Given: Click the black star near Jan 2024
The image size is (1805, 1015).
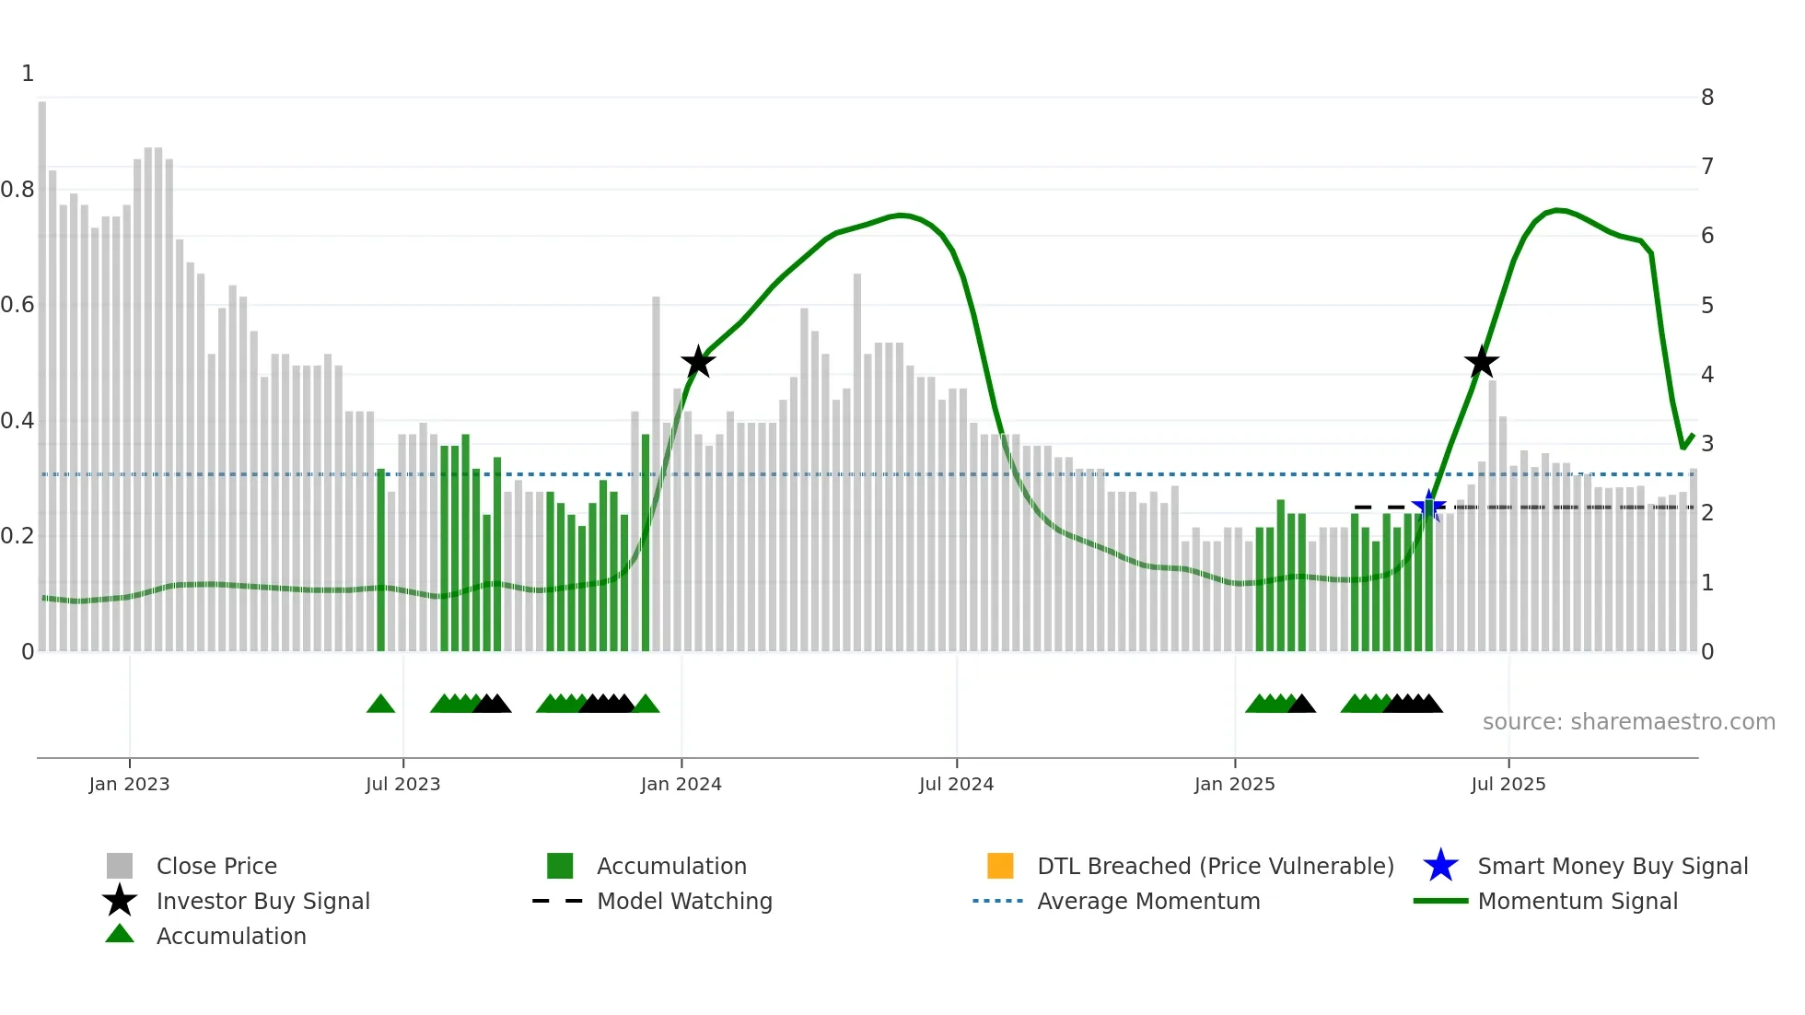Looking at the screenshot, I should pos(698,362).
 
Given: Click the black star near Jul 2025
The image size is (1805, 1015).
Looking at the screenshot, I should pos(1482,362).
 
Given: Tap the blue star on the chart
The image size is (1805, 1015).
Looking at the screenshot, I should pos(1428,506).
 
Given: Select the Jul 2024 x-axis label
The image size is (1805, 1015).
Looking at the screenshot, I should pos(956,784).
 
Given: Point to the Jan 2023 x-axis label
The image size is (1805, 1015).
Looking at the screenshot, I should pos(129,784).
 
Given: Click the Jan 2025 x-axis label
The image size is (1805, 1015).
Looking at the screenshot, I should pos(1234,784).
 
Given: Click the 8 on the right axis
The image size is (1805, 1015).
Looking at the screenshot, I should pos(1707,98).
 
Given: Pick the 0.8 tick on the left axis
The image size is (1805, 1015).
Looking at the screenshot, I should pos(18,190).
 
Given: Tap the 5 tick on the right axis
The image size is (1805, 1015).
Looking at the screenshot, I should pos(1707,305).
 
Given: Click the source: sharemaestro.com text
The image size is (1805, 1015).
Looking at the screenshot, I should pos(1628,721).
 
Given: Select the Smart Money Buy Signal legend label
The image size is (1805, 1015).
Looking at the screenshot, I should pos(1613,866).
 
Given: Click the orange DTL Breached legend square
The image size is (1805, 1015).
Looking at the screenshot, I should pos(1000,866).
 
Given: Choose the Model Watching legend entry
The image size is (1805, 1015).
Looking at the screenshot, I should pos(684,901).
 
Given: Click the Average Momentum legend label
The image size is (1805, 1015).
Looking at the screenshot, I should pos(1148,901).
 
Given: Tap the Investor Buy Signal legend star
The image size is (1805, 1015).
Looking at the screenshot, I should pos(120,901).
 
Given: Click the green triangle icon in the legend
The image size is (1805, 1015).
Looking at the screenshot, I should pos(120,934).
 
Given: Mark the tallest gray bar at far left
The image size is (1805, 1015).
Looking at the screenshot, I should pos(42,368).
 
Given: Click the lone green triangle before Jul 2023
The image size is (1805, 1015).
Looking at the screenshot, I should pos(380,705).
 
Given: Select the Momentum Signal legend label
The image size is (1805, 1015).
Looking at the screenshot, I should pos(1578,901).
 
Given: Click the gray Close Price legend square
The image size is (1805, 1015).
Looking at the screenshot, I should pos(120,866).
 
